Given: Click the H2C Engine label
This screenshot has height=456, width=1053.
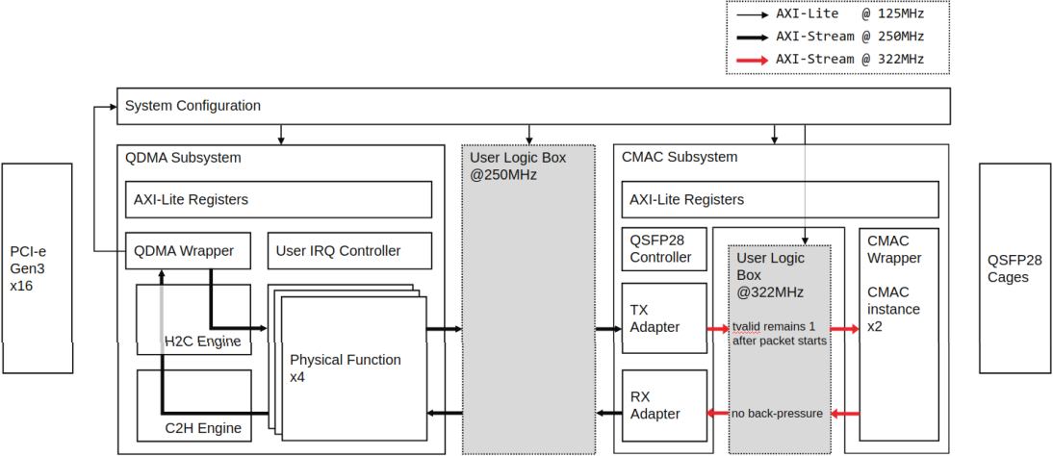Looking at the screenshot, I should [x=202, y=341].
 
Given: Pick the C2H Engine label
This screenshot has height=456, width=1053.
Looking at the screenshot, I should [x=202, y=427].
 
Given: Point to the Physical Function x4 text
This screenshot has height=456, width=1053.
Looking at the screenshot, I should [x=346, y=368].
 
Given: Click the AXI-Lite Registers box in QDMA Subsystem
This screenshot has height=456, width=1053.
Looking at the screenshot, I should [x=278, y=200].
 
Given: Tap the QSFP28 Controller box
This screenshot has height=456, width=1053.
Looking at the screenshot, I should [x=660, y=250].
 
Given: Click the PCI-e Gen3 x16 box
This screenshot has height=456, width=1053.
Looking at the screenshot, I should [x=37, y=268].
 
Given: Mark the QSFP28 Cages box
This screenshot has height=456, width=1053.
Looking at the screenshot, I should [x=1014, y=268].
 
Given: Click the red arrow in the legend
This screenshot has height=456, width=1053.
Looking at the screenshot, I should [x=752, y=60].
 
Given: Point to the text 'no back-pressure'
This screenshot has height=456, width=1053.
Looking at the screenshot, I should [x=778, y=414].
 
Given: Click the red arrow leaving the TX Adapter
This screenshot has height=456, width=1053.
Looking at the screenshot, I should [x=718, y=328].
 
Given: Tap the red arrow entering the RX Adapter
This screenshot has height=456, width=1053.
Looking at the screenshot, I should [x=718, y=414].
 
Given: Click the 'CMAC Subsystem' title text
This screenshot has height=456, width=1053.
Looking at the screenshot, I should [x=680, y=157].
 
